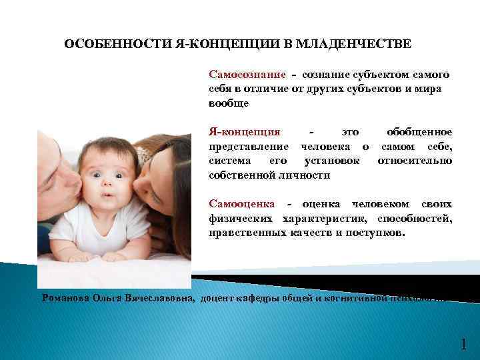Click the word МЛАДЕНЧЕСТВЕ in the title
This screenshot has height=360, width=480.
(364, 44)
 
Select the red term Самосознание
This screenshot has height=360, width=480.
(247, 75)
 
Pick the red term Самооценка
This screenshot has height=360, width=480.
(243, 204)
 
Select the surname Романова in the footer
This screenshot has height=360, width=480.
(65, 298)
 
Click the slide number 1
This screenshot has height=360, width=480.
(463, 345)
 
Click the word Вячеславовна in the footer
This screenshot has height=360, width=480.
(159, 298)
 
